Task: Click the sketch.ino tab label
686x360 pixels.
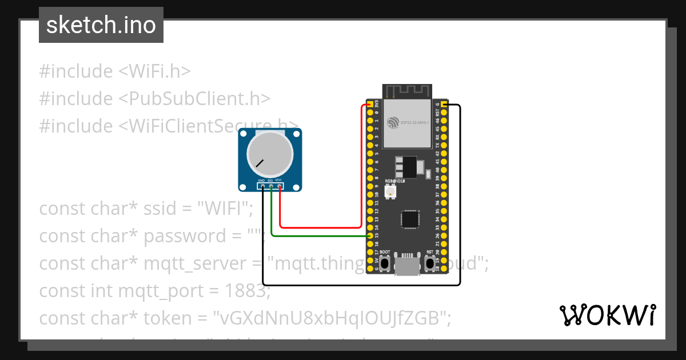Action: (x=101, y=26)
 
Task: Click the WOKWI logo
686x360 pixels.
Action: (x=607, y=315)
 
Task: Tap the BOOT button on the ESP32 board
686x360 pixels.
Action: (x=385, y=263)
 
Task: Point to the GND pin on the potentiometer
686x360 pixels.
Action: (x=262, y=186)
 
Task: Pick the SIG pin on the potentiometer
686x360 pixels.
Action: (x=271, y=186)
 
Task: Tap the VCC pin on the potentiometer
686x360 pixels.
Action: (x=280, y=186)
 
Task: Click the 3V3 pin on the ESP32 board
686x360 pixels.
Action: (x=370, y=105)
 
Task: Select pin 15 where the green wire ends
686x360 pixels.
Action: (x=370, y=235)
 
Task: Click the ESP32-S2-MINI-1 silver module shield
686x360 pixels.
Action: (x=407, y=122)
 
